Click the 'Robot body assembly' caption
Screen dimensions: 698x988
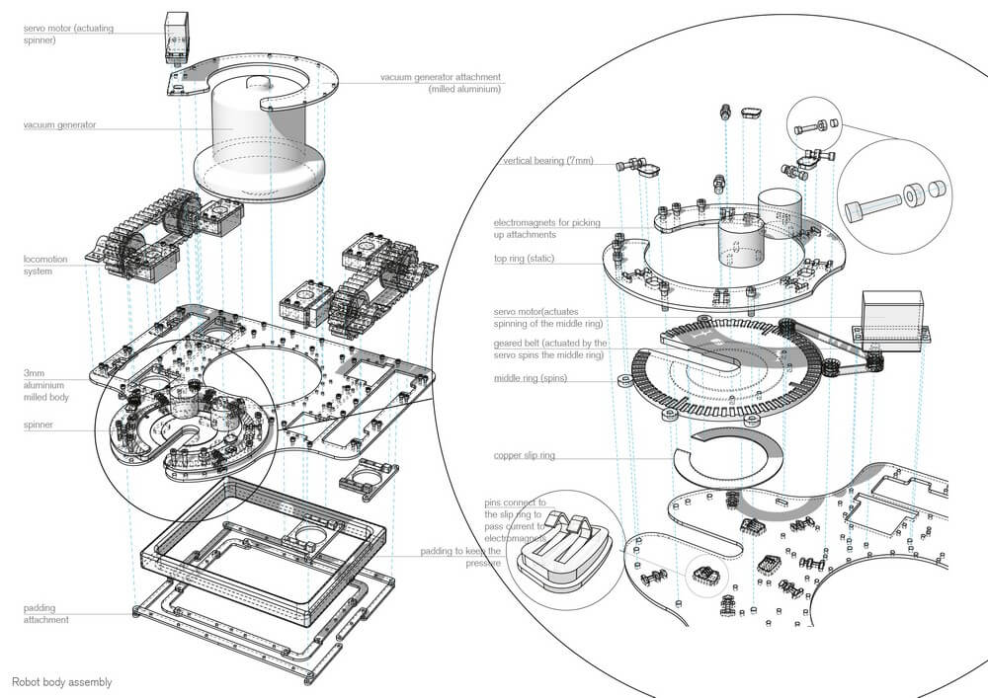point(61,682)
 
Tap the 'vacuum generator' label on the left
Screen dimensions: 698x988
point(61,125)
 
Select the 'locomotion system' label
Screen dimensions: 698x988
point(46,265)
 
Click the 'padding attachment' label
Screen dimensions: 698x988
point(46,614)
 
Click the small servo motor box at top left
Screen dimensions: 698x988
point(178,38)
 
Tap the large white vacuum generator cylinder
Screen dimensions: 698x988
point(260,148)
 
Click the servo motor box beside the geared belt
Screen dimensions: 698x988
point(891,318)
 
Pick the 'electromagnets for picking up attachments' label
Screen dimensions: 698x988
point(547,228)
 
